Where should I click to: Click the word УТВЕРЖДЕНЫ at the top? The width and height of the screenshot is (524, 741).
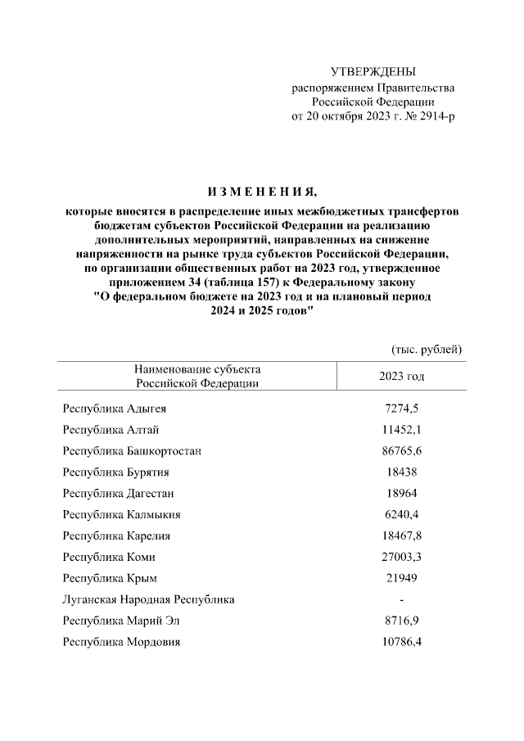coord(373,72)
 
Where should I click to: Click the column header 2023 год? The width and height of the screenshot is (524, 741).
coord(401,376)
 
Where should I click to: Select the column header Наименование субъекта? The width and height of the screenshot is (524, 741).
coord(197,369)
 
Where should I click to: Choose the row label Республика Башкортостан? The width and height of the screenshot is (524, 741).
coord(132,450)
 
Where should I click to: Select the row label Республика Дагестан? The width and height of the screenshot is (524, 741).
coord(118,493)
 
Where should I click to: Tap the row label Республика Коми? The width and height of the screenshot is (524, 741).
coord(109,557)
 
